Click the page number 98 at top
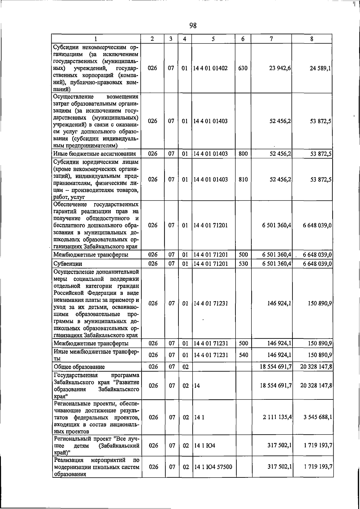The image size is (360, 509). point(193,26)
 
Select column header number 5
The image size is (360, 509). point(213,39)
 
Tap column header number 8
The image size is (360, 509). point(312,39)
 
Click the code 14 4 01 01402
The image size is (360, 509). point(210,68)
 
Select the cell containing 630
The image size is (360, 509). point(243,68)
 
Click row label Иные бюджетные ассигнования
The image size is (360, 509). point(94,154)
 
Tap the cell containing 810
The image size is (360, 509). point(243,179)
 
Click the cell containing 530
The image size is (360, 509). point(243,264)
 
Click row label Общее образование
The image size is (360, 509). point(79,367)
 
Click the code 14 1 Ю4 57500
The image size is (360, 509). point(213,467)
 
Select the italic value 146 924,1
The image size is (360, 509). point(279,303)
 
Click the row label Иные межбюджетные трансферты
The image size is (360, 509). point(96,355)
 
